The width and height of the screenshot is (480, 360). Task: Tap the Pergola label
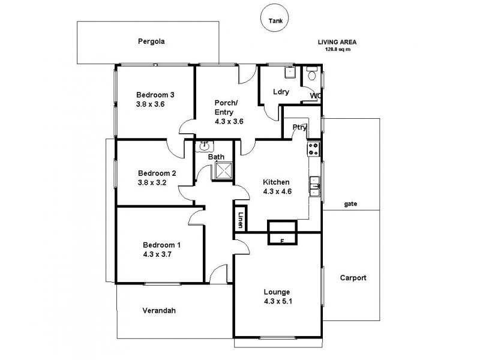click(x=151, y=42)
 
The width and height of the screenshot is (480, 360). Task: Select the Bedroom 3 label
click(x=155, y=94)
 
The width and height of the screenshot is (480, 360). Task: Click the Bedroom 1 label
click(x=161, y=244)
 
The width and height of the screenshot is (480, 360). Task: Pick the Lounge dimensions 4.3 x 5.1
click(x=278, y=302)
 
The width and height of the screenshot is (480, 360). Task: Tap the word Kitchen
click(x=277, y=182)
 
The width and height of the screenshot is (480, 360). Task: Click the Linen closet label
click(x=241, y=220)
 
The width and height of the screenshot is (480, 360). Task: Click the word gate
click(x=351, y=204)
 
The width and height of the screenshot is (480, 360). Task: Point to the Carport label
click(x=353, y=278)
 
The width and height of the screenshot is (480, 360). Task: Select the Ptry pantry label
click(x=299, y=127)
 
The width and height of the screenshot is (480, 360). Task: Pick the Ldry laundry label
click(x=281, y=92)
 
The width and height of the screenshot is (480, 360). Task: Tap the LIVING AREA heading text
click(x=337, y=42)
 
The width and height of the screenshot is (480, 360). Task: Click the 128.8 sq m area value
click(x=337, y=49)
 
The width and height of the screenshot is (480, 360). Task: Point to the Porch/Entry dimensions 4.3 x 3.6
click(x=229, y=121)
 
